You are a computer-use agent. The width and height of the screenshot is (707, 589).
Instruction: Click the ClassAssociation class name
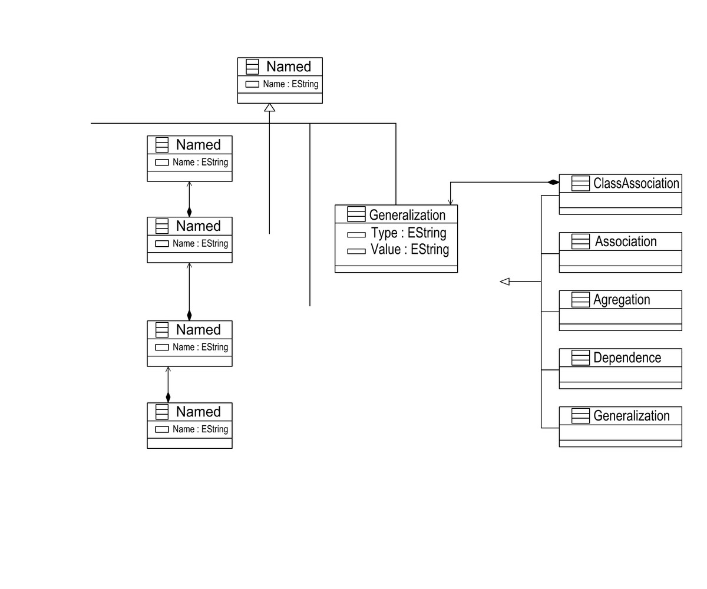(x=636, y=183)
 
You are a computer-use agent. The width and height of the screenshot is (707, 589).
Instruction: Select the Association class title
(x=625, y=241)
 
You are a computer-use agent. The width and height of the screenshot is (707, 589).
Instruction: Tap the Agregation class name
(x=621, y=300)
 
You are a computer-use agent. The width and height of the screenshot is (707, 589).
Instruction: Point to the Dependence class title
(x=627, y=358)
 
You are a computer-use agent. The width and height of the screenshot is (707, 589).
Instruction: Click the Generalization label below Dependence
(x=631, y=416)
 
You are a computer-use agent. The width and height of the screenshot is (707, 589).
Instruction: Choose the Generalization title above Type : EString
(x=407, y=215)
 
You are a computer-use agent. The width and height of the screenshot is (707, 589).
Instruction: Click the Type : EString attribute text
(x=408, y=233)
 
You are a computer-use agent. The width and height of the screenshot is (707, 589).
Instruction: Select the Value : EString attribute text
(x=409, y=250)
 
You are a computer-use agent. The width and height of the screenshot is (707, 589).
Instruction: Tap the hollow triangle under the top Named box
(x=270, y=107)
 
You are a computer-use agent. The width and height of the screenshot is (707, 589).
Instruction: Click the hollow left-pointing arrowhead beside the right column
(x=504, y=282)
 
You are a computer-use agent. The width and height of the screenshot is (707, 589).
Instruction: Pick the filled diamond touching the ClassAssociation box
(x=553, y=183)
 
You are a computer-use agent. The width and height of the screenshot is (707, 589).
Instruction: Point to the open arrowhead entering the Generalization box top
(x=451, y=201)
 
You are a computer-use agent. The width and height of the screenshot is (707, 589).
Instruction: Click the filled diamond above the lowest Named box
(x=168, y=398)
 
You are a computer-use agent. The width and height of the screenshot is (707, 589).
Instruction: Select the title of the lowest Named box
(x=198, y=412)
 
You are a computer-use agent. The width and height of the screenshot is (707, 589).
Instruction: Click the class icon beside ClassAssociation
(x=580, y=183)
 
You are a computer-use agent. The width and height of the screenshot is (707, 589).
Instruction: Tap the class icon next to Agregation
(x=580, y=300)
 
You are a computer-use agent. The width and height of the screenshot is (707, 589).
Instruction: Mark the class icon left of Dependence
(x=580, y=358)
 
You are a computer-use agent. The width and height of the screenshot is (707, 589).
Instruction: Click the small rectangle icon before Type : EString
(x=356, y=234)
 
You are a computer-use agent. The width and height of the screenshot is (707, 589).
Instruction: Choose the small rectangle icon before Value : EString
(x=356, y=252)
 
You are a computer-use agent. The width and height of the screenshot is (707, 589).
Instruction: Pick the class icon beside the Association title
(x=580, y=241)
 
